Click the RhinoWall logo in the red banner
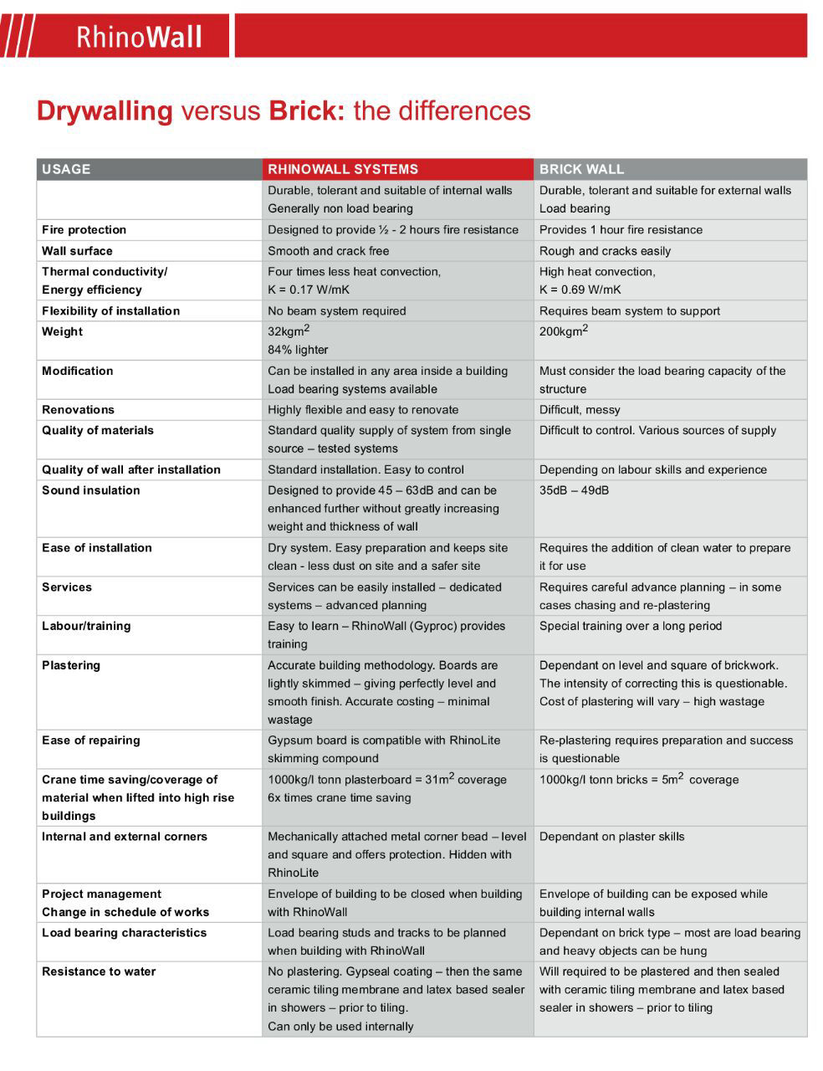pos(139,37)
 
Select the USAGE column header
pos(66,169)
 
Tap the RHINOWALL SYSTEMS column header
pos(343,169)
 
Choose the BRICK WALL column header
pos(581,169)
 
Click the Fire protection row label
pos(84,230)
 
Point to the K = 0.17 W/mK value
pos(309,290)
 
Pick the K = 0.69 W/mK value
pos(580,290)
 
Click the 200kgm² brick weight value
pos(564,331)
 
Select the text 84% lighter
pos(298,350)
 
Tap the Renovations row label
pos(78,410)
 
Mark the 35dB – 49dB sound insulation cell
pos(574,490)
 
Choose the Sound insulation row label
pos(90,490)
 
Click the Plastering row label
pos(71,665)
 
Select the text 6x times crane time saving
pos(339,797)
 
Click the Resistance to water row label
pos(99,971)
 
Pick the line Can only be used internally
pos(340,1027)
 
